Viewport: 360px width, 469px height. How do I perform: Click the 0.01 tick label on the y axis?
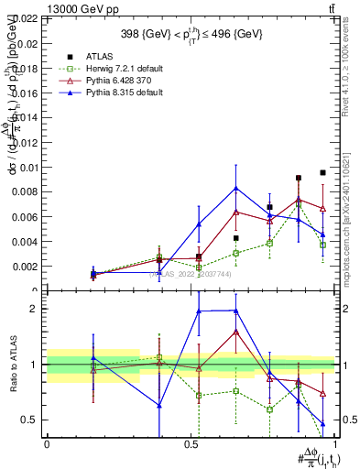(x=27, y=168)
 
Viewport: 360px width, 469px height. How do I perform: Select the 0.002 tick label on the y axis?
(x=25, y=267)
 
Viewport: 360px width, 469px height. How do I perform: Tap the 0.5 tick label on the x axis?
(x=191, y=444)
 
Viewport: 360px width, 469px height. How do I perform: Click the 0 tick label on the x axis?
(x=47, y=444)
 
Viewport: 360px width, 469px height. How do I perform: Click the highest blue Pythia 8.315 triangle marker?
(x=236, y=188)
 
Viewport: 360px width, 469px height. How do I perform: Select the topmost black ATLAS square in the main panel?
(x=322, y=172)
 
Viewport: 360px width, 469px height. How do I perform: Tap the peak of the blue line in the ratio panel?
(x=236, y=310)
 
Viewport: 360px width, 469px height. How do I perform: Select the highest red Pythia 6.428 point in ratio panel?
(x=236, y=331)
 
